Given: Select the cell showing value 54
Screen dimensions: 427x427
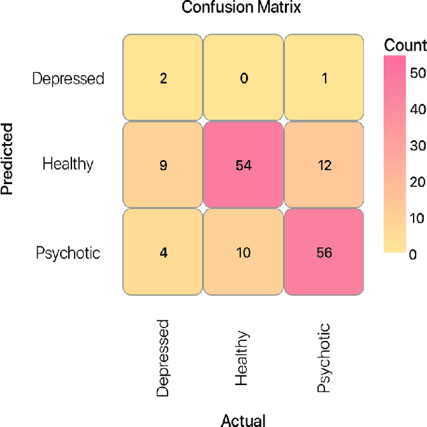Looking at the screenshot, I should (244, 164).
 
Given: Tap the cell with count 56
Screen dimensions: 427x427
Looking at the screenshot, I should (324, 252).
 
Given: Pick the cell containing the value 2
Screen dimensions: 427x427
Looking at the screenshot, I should (162, 78).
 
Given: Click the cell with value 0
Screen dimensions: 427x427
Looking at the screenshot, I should (244, 78).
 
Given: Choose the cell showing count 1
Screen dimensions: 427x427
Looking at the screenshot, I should (324, 78).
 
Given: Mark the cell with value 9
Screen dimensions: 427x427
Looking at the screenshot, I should (162, 164).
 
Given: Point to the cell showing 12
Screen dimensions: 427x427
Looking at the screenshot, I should (324, 164).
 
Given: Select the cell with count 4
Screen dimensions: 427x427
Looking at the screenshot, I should (162, 252).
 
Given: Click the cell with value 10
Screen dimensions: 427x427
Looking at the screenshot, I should (244, 252).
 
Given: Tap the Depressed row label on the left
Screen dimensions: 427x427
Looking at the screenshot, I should (68, 79).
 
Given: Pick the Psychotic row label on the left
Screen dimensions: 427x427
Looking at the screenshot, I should (69, 253).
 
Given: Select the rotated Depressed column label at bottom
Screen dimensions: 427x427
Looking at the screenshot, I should (163, 358).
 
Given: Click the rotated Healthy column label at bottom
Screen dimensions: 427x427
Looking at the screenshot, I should (243, 358).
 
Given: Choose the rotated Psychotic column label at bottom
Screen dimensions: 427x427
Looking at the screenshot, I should (324, 358).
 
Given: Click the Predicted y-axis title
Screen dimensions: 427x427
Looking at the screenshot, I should (9, 158).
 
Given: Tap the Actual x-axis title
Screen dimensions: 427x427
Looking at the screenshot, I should (243, 420).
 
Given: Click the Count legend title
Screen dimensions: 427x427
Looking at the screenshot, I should (405, 45).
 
